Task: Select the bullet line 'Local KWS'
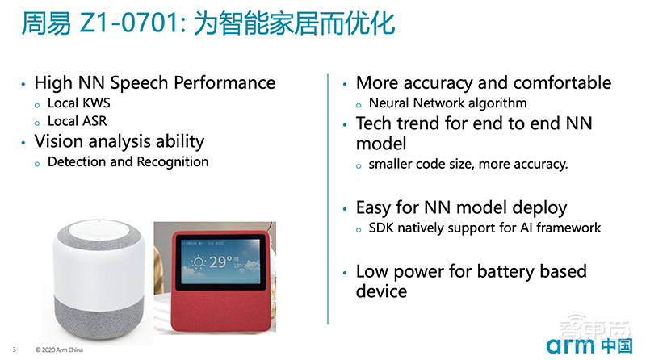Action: [78, 103]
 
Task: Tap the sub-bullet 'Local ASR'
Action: [78, 121]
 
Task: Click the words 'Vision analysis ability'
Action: [119, 141]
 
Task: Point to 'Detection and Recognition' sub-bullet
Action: [128, 161]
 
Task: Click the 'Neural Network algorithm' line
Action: [447, 103]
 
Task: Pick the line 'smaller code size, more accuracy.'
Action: [468, 164]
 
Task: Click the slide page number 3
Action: [15, 350]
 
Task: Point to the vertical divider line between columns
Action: [328, 202]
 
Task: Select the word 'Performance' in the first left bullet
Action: [229, 82]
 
